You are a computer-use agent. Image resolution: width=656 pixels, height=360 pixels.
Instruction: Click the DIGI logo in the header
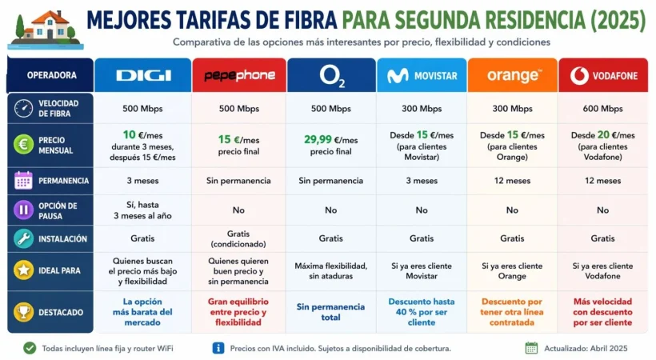point(143,75)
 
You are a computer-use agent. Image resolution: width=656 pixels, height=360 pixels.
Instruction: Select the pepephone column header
point(239,75)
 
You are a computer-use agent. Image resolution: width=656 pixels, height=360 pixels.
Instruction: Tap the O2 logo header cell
point(331,75)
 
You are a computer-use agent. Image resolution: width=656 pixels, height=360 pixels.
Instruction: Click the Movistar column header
point(422,75)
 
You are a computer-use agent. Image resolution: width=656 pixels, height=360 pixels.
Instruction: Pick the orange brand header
point(513,75)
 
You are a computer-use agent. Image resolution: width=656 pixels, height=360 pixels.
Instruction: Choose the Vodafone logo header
point(602,75)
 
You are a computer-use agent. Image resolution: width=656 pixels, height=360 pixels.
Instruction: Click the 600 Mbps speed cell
point(602,109)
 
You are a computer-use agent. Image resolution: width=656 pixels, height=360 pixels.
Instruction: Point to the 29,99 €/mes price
point(331,139)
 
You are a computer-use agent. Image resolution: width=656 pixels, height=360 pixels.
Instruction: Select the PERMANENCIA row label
point(63,181)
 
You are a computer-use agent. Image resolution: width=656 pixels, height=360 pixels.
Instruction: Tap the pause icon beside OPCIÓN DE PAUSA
point(24,210)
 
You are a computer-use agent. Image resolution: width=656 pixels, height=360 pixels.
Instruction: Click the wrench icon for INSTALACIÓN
point(24,238)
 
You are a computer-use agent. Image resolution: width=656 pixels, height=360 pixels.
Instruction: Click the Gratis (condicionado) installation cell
point(239,238)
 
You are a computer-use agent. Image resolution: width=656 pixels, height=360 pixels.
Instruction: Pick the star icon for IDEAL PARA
point(24,270)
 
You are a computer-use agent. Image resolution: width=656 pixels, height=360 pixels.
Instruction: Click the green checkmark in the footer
point(30,348)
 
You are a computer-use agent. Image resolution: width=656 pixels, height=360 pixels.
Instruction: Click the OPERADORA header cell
point(51,75)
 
